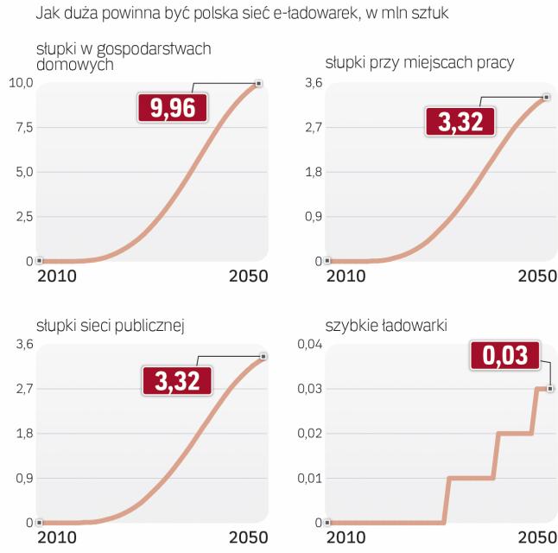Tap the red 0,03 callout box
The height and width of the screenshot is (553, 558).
coord(504,356)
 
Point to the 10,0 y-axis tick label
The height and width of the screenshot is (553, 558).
coord(20,83)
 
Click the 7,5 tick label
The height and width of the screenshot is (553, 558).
coord(22,128)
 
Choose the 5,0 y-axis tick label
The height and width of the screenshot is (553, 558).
coord(22,172)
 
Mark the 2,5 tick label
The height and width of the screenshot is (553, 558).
coord(22,216)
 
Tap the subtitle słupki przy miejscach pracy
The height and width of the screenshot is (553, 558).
coord(420,62)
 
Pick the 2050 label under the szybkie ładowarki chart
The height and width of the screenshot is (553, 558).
coord(536,539)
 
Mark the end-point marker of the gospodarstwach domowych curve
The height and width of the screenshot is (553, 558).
coord(258,83)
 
